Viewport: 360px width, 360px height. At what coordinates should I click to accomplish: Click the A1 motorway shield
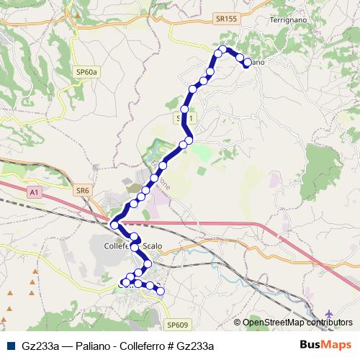(x=34, y=192)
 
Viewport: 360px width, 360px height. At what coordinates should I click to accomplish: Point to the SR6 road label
(x=84, y=190)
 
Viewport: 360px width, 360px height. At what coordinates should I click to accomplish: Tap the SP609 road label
(x=176, y=325)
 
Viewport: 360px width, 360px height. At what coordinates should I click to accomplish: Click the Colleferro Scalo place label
(x=134, y=246)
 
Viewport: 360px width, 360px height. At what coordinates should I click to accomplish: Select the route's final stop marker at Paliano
(x=247, y=63)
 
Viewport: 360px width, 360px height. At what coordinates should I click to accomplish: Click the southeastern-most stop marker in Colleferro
(x=161, y=292)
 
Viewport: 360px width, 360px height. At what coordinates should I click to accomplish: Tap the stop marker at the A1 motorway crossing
(x=114, y=226)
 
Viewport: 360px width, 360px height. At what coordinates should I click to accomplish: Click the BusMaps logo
(x=326, y=345)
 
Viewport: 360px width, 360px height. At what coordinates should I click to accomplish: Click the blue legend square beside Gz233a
(x=10, y=346)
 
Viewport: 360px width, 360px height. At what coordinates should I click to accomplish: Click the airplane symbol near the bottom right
(x=330, y=315)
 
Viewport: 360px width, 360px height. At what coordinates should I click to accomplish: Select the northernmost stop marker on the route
(x=222, y=49)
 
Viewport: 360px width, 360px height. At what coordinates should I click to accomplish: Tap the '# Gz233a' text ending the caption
(x=194, y=346)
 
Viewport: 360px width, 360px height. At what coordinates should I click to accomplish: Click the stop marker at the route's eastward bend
(x=189, y=140)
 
